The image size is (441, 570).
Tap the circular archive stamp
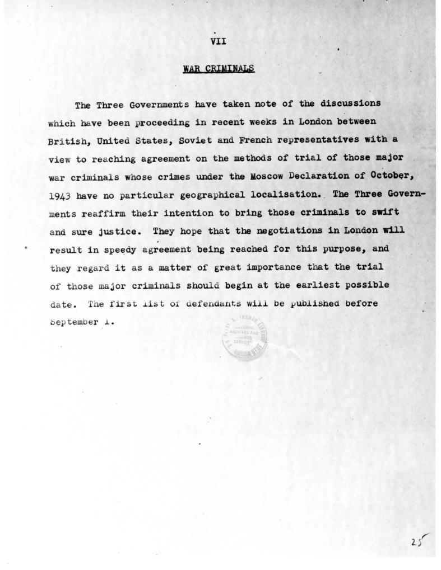[245, 339]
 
